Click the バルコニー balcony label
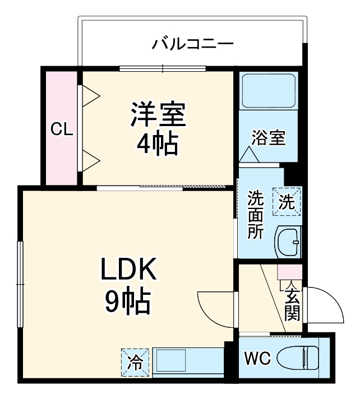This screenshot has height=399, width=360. tap(192, 43)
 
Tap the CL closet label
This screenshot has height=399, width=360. tap(62, 130)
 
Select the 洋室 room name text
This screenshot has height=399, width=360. tap(158, 115)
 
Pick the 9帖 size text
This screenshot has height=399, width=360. tap(128, 303)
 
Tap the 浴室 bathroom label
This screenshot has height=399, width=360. tap(269, 137)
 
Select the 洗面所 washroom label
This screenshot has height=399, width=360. tap(256, 215)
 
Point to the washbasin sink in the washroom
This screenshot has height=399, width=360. tap(289, 242)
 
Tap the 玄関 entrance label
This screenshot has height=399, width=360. tap(292, 305)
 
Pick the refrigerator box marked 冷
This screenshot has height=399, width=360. tap(135, 361)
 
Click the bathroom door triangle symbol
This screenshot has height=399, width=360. tap(248, 155)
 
